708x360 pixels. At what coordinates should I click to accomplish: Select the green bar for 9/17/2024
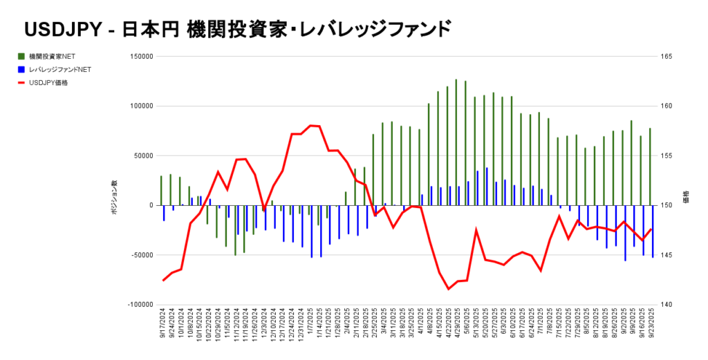pos(161,190)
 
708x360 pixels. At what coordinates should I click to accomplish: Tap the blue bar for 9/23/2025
pos(653,231)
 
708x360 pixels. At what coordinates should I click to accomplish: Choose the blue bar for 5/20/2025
pos(487,186)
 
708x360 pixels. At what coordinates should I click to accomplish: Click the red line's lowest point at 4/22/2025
pos(449,289)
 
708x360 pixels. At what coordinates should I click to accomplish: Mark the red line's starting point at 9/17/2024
pos(163,280)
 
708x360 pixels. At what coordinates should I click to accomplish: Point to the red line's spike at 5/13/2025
pos(476,229)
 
